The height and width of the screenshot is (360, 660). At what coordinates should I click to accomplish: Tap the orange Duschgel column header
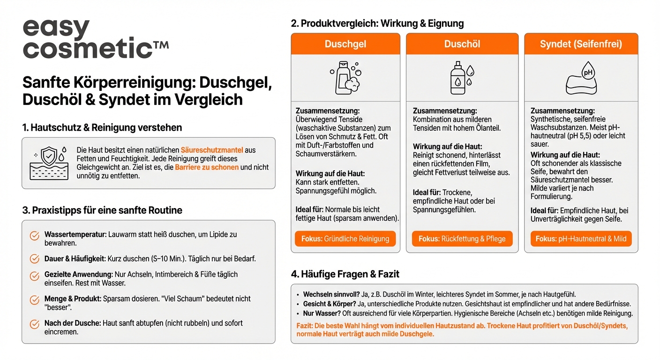click(x=345, y=44)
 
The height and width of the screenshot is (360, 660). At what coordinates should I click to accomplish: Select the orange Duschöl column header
click(x=462, y=44)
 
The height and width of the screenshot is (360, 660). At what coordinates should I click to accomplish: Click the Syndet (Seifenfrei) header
click(x=581, y=44)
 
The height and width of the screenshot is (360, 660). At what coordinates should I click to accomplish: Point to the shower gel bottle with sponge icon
click(x=345, y=77)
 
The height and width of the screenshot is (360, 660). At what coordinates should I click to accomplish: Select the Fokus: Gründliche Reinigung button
click(x=345, y=239)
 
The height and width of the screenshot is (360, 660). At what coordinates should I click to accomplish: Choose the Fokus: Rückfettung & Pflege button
click(x=462, y=239)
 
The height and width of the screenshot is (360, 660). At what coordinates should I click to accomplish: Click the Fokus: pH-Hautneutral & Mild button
click(x=581, y=239)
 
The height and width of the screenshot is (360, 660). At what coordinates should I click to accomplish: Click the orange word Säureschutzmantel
click(x=212, y=150)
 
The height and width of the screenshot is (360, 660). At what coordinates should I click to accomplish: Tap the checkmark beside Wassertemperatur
click(x=34, y=235)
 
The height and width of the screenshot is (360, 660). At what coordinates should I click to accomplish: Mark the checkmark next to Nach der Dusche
click(x=34, y=324)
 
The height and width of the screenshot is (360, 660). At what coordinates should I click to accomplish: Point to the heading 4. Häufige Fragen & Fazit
click(x=345, y=274)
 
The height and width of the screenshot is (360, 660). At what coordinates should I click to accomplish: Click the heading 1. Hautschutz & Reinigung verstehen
click(x=102, y=127)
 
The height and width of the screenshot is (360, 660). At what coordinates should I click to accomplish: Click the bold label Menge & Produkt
click(x=73, y=299)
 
